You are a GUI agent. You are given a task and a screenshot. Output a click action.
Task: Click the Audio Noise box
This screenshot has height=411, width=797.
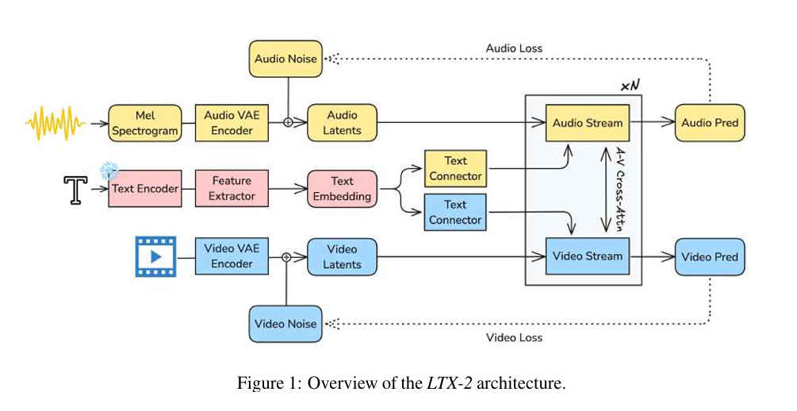tap(285, 59)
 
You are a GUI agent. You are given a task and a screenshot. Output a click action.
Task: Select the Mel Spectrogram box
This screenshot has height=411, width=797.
tap(144, 123)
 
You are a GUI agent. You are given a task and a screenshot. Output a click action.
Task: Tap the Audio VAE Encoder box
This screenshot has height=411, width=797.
tap(231, 123)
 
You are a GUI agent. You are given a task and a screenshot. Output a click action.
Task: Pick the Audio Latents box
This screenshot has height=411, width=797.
tap(342, 123)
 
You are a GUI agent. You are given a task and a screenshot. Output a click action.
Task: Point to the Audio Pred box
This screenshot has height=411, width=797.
tap(710, 123)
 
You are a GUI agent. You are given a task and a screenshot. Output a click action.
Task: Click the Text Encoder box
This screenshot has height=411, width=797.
tap(144, 189)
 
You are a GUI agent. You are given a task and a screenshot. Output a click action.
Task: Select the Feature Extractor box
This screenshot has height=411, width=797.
tap(231, 189)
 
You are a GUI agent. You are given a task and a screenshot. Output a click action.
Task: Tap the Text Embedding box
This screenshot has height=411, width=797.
tap(342, 189)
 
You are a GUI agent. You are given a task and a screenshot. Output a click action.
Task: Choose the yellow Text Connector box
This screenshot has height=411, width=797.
tap(455, 167)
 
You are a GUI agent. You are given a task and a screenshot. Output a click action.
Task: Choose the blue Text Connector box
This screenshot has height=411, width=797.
tap(455, 212)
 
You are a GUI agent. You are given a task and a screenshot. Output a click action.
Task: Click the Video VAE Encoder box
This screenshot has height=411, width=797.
tap(231, 256)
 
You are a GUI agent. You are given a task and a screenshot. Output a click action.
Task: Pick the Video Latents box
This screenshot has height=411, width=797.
tap(342, 256)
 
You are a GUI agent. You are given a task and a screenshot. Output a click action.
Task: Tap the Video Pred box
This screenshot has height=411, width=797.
tap(710, 256)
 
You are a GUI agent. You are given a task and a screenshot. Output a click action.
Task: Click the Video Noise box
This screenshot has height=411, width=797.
tap(285, 324)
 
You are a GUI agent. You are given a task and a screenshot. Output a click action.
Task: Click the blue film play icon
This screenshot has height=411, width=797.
tap(155, 256)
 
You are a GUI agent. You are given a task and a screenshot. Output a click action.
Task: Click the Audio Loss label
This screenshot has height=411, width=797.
tap(514, 48)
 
